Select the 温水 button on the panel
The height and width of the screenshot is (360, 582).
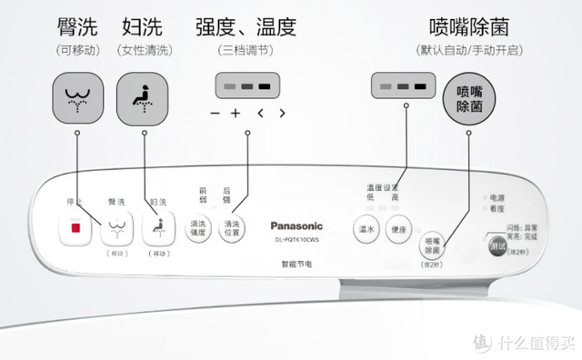tap(366, 229)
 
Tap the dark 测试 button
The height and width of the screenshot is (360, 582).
tap(496, 246)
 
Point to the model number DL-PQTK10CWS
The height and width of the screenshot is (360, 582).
tap(298, 241)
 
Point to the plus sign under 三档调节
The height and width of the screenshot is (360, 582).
tap(235, 114)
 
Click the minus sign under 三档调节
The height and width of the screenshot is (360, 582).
tap(215, 114)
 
